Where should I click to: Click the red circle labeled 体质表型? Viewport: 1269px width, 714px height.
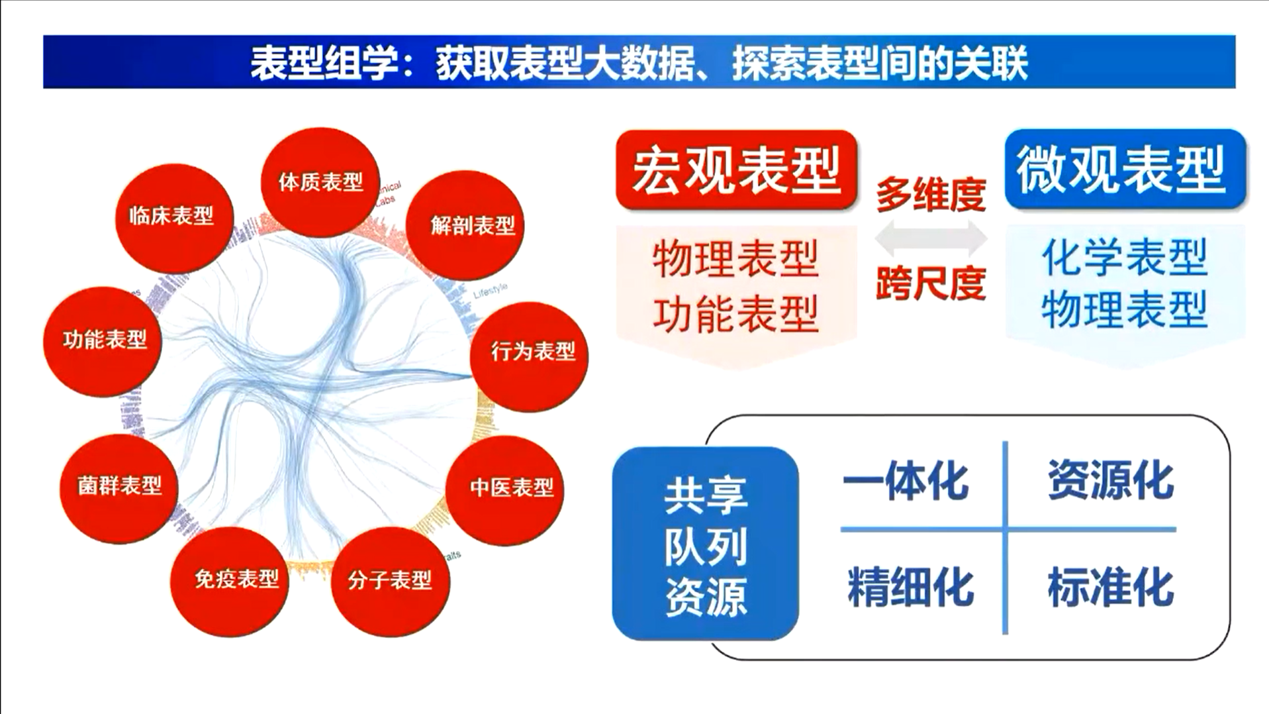320,182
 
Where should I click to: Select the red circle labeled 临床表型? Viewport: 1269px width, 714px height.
173,217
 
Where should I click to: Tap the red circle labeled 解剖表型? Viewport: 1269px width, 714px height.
472,226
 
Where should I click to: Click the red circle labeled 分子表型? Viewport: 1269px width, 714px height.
390,581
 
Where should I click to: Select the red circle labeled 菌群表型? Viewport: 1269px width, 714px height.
119,487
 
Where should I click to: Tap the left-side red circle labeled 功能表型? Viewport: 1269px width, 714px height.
103,341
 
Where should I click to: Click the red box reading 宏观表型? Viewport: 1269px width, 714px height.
735,170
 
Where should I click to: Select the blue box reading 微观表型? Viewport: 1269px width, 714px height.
1124,170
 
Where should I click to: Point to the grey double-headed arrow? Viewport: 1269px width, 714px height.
931,238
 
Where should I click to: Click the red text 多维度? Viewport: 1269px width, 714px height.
931,195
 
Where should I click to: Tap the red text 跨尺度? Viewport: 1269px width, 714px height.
931,283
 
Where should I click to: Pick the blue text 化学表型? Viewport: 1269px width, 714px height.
1124,258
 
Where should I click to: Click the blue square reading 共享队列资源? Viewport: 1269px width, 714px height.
705,544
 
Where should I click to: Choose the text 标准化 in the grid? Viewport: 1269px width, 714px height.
1110,587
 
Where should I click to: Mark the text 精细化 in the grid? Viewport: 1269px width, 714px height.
910,587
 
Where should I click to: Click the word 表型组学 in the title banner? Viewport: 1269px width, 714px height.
325,64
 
